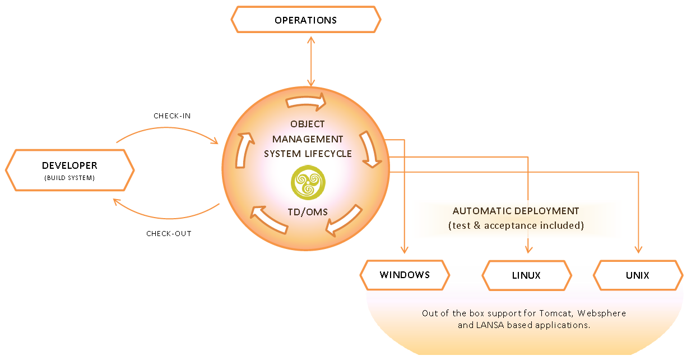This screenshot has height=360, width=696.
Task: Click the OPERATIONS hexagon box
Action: (x=306, y=20)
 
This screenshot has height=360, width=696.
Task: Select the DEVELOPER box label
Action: (x=69, y=165)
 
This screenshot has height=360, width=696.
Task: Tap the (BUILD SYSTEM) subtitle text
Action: (x=69, y=178)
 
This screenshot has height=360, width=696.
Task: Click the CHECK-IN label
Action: (x=172, y=116)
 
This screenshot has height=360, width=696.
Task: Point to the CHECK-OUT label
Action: (x=169, y=233)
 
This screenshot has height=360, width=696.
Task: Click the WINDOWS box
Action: (x=405, y=275)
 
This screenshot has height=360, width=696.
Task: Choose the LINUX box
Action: (x=527, y=275)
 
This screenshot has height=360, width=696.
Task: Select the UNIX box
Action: (x=638, y=275)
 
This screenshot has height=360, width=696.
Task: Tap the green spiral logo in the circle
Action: (x=308, y=182)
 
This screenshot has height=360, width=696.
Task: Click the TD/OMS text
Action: (x=308, y=212)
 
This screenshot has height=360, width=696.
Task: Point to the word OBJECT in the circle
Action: (x=308, y=124)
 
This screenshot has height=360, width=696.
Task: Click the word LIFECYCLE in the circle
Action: (x=328, y=154)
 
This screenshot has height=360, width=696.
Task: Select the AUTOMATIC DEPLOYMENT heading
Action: (x=516, y=211)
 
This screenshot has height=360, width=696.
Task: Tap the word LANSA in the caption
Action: (x=490, y=325)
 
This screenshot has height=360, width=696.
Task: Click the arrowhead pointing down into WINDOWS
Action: (x=404, y=250)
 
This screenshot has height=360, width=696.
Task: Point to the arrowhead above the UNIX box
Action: (x=638, y=250)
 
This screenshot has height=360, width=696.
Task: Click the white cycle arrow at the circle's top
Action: (x=306, y=101)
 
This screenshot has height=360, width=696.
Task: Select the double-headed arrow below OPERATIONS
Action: (x=311, y=62)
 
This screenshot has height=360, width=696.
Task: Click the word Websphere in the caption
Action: (x=601, y=313)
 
